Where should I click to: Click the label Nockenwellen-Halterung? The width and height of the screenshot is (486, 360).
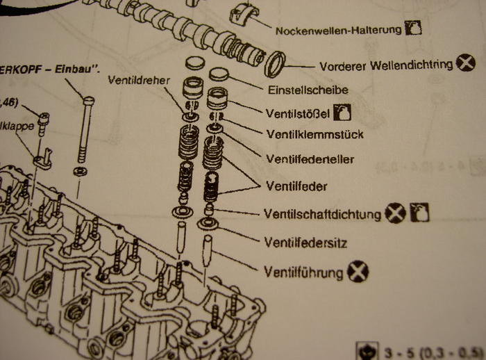(x=339, y=31)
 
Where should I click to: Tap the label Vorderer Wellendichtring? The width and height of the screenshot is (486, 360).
(x=387, y=66)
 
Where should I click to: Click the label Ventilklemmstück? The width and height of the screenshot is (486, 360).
(x=315, y=133)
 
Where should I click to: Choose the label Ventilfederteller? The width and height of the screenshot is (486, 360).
(x=310, y=159)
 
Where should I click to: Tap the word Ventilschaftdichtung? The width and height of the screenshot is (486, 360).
(x=323, y=214)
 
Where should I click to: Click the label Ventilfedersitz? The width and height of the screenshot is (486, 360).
(x=306, y=243)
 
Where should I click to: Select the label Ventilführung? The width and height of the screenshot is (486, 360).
(x=303, y=272)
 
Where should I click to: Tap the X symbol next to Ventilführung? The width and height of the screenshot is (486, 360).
(x=358, y=272)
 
